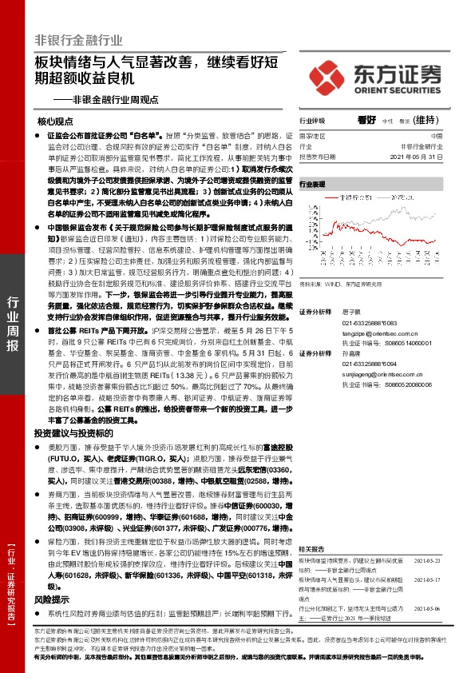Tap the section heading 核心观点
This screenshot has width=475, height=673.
[x=55, y=121]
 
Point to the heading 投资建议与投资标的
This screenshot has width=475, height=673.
[x=73, y=432]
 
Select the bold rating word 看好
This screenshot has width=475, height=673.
[x=366, y=120]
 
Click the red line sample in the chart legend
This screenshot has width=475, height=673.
[x=328, y=194]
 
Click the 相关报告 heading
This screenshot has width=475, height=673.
[x=311, y=527]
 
